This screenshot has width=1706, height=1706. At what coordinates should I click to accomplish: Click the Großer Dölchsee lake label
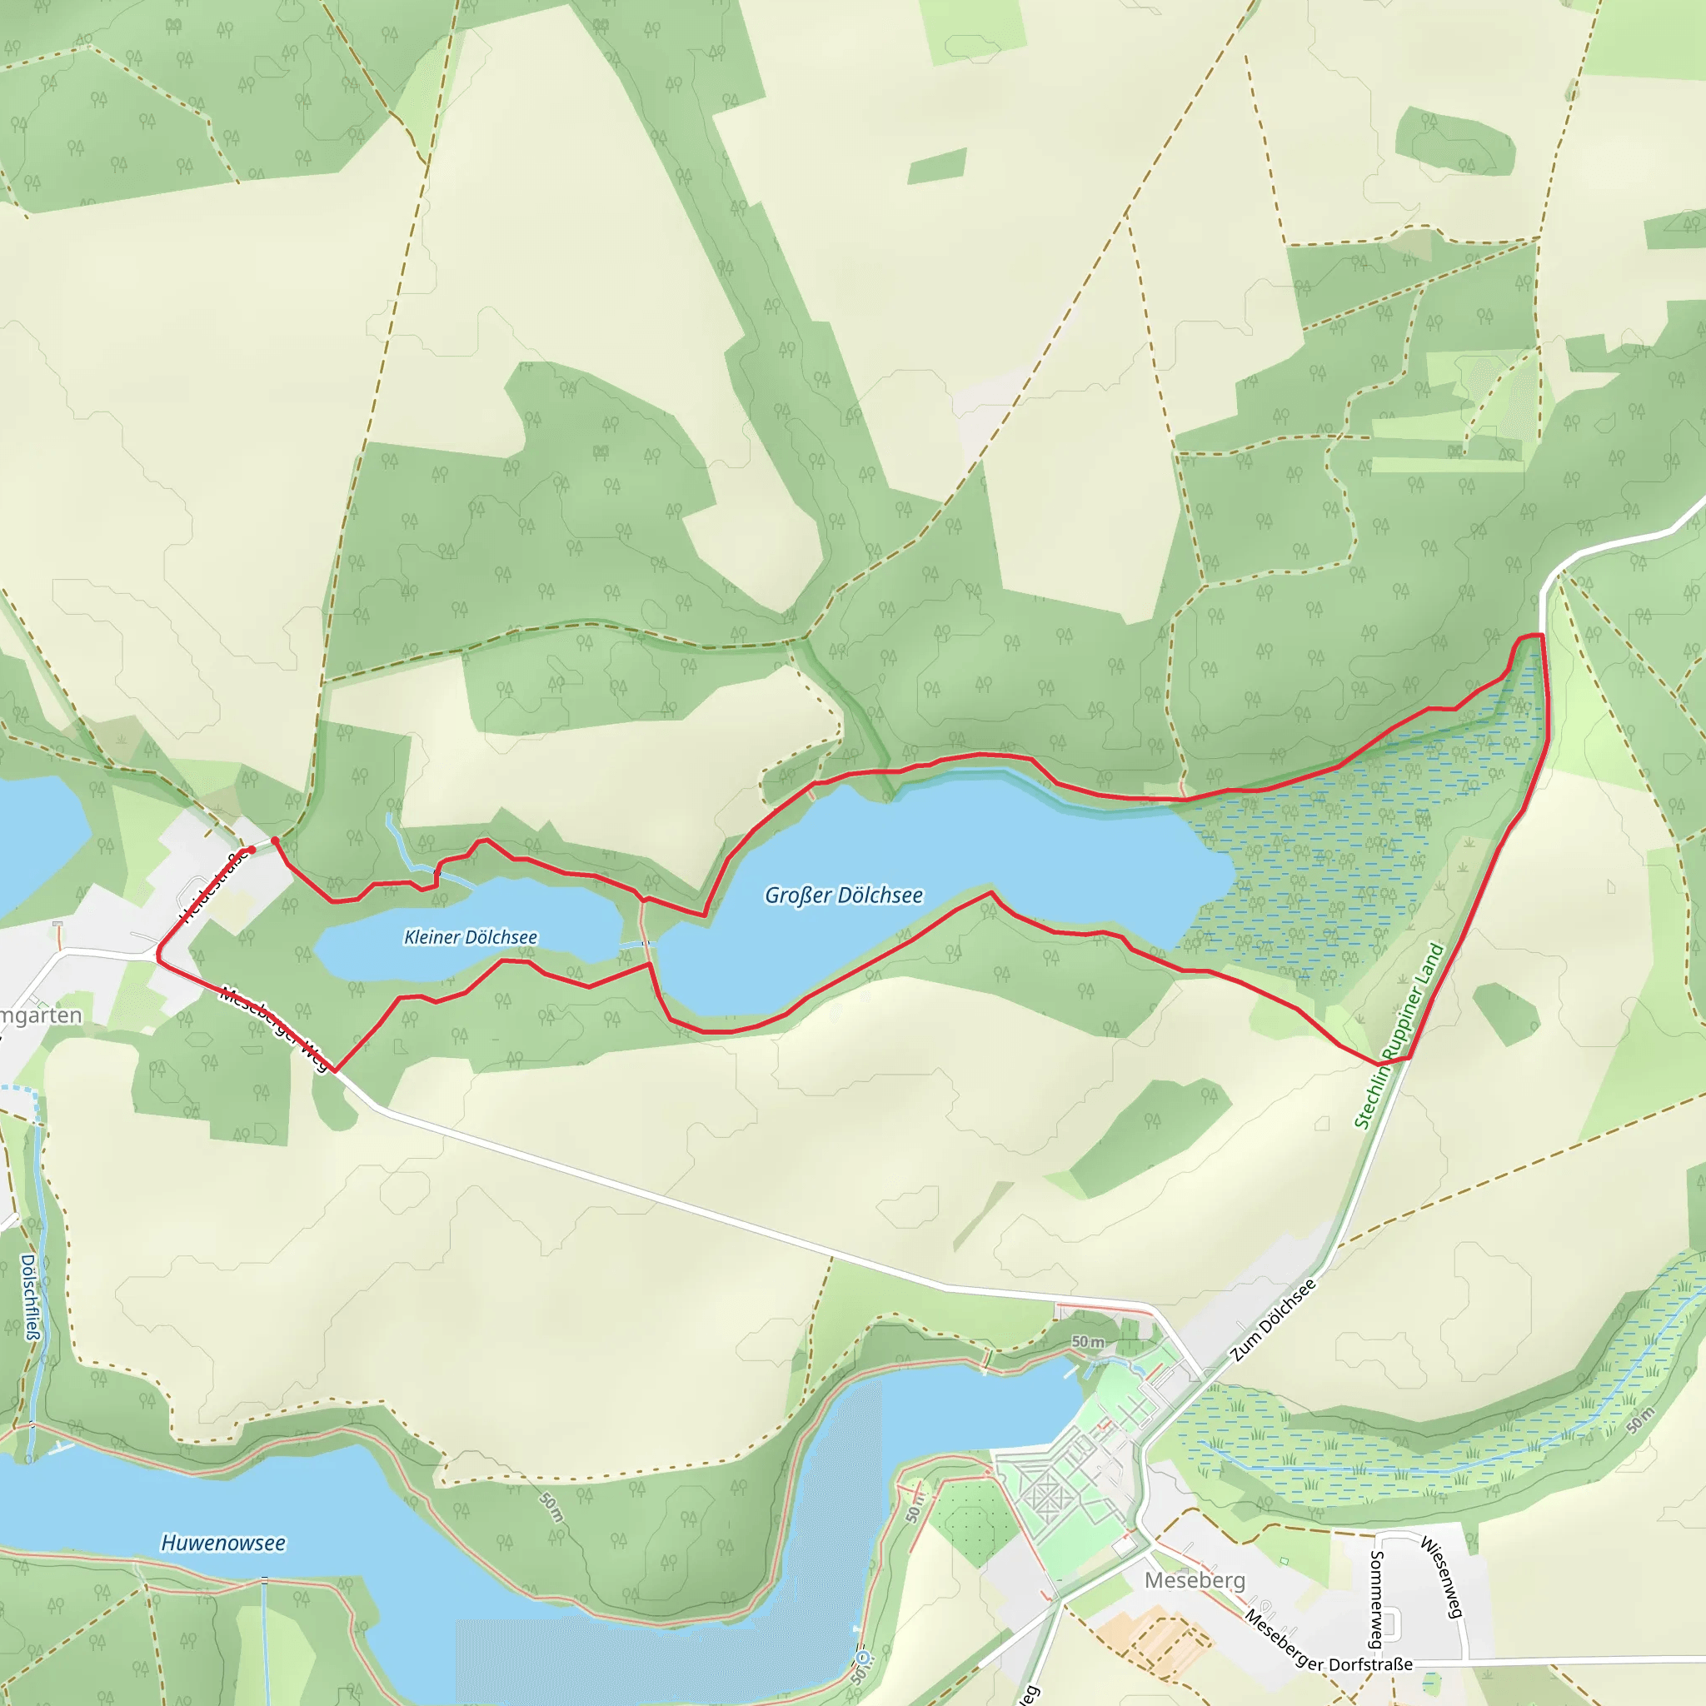[843, 895]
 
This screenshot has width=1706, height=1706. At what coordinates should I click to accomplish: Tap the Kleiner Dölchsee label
[470, 937]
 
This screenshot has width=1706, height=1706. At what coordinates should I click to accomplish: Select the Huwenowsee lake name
[222, 1543]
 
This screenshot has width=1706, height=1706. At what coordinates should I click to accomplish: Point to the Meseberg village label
[1195, 1579]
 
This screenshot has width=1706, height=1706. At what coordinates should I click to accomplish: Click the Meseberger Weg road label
[274, 1027]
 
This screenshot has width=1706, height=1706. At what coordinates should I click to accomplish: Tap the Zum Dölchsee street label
[1274, 1320]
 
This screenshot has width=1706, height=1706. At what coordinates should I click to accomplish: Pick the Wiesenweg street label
[1442, 1577]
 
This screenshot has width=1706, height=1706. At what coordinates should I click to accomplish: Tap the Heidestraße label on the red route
[212, 887]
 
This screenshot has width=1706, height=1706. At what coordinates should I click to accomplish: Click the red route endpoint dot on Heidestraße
[252, 850]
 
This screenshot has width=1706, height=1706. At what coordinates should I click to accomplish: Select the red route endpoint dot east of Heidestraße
[275, 841]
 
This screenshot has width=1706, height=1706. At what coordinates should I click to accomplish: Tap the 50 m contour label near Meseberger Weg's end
[1088, 1341]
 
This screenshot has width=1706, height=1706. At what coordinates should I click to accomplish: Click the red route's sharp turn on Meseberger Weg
[335, 1070]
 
